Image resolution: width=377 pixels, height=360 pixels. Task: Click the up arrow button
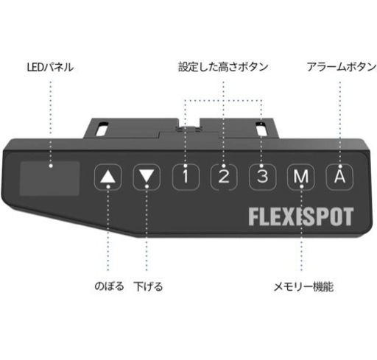(x=108, y=177)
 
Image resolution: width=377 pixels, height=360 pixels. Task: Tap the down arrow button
(x=147, y=177)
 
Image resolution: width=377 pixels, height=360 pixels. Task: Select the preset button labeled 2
(x=224, y=177)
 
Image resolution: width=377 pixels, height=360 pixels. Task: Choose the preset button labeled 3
(x=262, y=177)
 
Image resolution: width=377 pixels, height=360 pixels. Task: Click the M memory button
(x=301, y=177)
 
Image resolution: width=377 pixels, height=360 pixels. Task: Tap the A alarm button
(x=339, y=177)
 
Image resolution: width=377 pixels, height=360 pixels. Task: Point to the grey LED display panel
(x=49, y=179)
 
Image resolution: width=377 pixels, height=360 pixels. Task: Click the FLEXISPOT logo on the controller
(x=301, y=216)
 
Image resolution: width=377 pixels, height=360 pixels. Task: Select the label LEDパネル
(x=50, y=67)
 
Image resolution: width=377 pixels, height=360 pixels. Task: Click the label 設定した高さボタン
(x=223, y=67)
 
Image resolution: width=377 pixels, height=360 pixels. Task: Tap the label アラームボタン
(x=342, y=67)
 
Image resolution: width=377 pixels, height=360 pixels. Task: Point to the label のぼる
(x=109, y=286)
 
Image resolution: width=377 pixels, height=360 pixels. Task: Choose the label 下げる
(x=148, y=286)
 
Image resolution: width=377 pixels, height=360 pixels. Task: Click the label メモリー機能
(x=303, y=286)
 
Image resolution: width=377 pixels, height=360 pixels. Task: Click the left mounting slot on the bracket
(x=101, y=129)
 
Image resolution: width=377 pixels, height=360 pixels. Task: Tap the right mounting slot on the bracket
(x=261, y=128)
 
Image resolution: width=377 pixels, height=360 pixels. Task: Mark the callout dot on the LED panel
(x=51, y=166)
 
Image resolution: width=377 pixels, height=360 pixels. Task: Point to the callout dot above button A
(x=340, y=166)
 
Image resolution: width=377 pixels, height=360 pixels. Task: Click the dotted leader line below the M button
(x=302, y=229)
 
